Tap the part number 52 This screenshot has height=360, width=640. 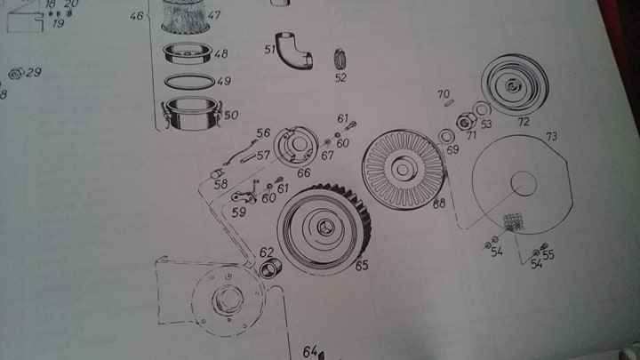pos(340,77)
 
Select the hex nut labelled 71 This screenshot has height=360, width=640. pos(466,121)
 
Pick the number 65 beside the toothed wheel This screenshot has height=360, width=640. pos(362,266)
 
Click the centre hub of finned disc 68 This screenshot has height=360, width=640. pos(403,169)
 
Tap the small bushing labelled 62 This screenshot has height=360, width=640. pos(270,268)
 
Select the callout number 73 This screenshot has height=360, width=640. pos(551,136)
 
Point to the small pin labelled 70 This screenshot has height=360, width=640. pos(449,103)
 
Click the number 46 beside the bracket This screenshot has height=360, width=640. pos(137,16)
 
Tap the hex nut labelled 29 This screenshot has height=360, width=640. pos(16,74)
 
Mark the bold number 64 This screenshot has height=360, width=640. pos(310,351)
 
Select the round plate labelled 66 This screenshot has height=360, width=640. pos(296,146)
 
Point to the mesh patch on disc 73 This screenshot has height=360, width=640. pos(513,221)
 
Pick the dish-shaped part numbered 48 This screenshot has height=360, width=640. pos(188,53)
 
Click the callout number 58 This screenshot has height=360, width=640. pos(220,185)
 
